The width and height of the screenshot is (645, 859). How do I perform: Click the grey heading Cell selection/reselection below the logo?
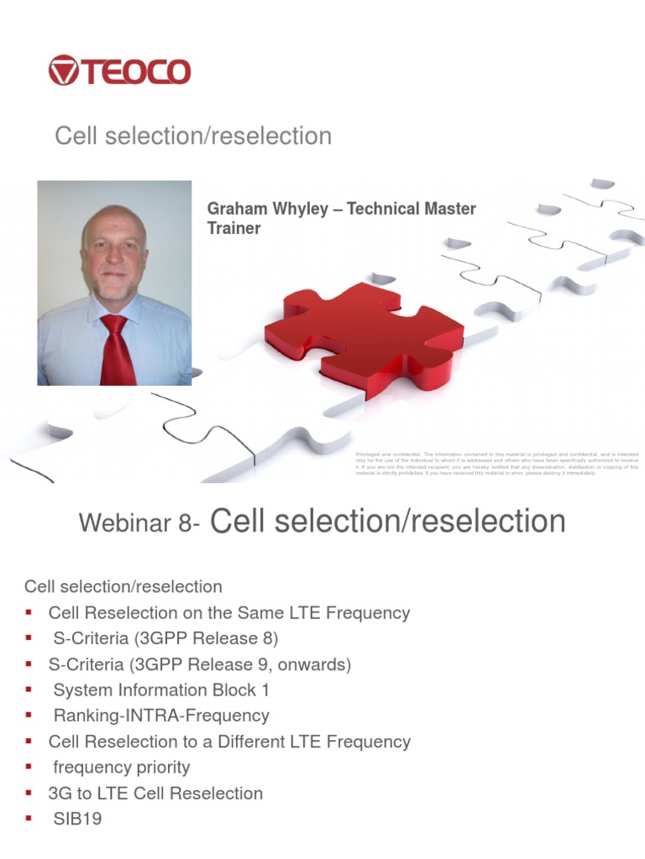193,136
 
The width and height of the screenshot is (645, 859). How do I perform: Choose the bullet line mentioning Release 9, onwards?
200,664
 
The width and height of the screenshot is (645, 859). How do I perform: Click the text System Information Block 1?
161,690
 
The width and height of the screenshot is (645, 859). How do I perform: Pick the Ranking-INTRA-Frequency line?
161,716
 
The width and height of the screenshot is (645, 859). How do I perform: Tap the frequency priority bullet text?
122,768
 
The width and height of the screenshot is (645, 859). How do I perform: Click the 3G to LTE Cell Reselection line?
155,794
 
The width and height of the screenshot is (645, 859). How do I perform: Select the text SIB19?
77,819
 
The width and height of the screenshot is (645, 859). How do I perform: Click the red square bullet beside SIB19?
29,819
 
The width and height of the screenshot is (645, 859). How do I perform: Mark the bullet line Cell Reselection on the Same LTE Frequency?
229,613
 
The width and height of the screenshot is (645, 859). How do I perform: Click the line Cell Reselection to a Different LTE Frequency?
229,742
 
